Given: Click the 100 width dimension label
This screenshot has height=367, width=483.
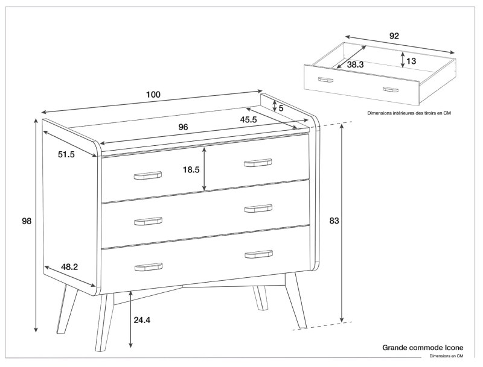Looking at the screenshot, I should coord(153,95).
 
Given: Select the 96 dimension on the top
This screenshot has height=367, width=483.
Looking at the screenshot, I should coord(184,127).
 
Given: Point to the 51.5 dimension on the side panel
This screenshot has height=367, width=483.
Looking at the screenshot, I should coord(66,155).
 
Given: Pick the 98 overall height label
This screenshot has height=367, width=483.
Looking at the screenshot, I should coord(26,221).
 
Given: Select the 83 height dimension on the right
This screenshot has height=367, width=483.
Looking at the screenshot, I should coord(334,221).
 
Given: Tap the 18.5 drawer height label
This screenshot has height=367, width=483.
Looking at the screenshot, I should coord(191,170).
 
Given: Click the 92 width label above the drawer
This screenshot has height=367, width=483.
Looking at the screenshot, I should coord(394,36).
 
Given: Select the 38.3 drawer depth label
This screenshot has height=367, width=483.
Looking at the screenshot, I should coord(355,64).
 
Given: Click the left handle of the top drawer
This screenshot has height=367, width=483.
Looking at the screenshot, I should coord(147,175).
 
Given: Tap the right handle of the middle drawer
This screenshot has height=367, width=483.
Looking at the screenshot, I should coord(258,209).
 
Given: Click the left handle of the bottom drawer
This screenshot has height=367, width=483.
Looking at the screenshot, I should coord(149,266).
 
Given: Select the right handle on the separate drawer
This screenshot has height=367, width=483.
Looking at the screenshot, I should coord(391,89).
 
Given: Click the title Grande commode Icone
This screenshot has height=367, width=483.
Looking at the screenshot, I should coord(423,348).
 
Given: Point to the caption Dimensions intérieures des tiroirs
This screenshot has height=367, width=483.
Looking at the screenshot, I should coord(409,113).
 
